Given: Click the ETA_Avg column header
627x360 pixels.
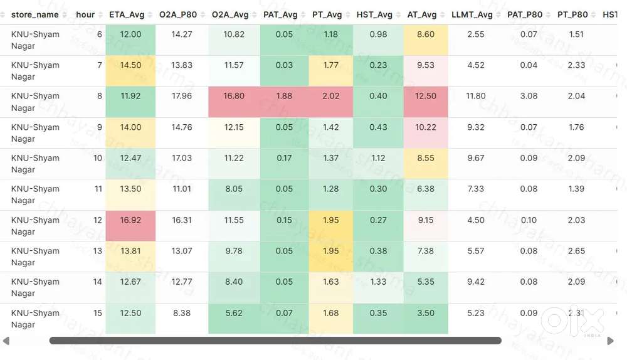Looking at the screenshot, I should click(x=127, y=14).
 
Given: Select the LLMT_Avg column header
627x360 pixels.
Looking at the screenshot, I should click(x=472, y=14).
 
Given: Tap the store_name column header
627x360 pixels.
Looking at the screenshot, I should click(x=35, y=14).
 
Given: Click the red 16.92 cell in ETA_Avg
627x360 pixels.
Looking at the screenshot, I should click(x=130, y=220).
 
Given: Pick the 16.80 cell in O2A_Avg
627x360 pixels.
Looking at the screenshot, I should click(x=234, y=96).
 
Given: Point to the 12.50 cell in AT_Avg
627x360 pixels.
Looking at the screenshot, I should click(x=426, y=96).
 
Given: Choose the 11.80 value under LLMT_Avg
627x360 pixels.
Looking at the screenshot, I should click(x=476, y=96).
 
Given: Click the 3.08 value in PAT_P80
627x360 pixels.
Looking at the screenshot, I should click(x=529, y=96).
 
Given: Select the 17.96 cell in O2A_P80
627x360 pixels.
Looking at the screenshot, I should click(x=182, y=96).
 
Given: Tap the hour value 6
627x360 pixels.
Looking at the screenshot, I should click(x=99, y=34).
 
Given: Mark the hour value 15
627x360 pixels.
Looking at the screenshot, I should click(x=97, y=313).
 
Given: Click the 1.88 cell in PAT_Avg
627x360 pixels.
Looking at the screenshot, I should click(x=284, y=96).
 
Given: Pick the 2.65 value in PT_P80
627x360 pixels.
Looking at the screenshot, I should click(x=576, y=251).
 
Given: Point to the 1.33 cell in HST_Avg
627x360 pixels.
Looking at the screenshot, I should click(x=378, y=282).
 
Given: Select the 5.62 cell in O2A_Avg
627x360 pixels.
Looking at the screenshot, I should click(x=234, y=313).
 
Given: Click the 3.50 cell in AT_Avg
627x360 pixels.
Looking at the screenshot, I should click(x=426, y=313).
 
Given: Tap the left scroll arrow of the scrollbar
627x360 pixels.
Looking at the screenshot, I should click(x=6, y=341).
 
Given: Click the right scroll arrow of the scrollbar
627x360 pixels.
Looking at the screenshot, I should click(x=611, y=341).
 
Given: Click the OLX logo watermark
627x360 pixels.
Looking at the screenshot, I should click(x=572, y=321).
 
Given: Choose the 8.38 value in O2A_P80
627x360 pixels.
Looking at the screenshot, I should click(x=182, y=313).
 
